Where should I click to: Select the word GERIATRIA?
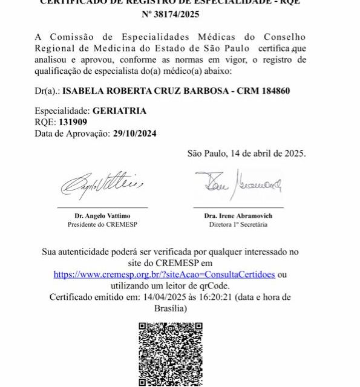tap(119, 111)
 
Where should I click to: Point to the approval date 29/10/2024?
tap(135, 134)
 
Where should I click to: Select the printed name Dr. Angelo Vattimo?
tap(102, 216)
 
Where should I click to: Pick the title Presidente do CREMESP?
tap(102, 224)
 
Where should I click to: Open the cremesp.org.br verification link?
tap(164, 274)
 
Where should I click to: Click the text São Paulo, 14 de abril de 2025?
tap(247, 153)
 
